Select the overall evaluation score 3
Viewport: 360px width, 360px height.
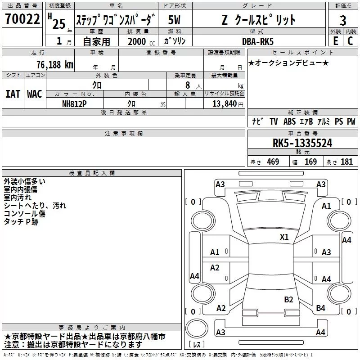(x=343, y=21)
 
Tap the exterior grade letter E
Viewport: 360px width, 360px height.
(x=335, y=41)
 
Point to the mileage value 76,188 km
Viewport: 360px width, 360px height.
(x=54, y=64)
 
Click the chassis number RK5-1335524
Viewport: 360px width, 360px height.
(x=302, y=143)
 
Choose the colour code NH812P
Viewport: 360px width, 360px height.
(x=75, y=103)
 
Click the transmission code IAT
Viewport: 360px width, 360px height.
(x=13, y=94)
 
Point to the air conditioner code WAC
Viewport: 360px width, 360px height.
(x=35, y=94)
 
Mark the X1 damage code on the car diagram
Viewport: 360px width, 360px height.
(x=284, y=237)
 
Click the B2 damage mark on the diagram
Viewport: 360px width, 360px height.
(x=288, y=299)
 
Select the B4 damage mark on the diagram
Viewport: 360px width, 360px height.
(x=320, y=308)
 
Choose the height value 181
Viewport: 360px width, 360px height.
(x=347, y=162)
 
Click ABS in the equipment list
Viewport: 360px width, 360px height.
(x=289, y=121)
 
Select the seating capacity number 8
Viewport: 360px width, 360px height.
(x=187, y=85)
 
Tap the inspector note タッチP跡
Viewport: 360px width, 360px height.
(x=21, y=222)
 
